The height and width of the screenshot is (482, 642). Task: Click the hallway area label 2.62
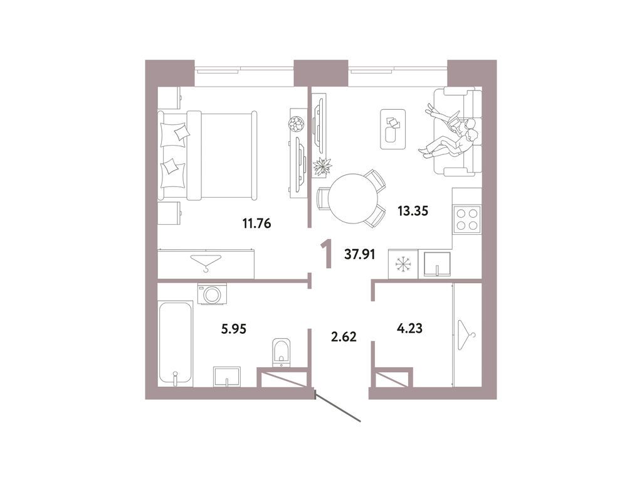point(343,336)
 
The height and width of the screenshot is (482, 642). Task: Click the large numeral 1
point(325,254)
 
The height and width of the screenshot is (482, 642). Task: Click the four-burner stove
point(466,220)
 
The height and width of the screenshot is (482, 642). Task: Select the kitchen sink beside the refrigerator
point(437,264)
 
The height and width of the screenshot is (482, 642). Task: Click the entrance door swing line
point(339,408)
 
